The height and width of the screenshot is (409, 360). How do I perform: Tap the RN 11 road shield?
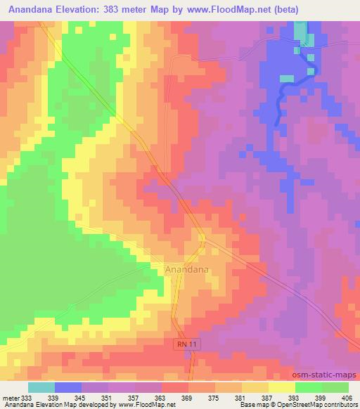(x=184, y=342)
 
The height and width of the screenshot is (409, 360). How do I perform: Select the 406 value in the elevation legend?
(x=347, y=398)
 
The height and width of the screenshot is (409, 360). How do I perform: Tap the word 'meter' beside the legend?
(x=11, y=398)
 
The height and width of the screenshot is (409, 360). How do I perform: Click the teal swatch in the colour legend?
(x=41, y=387)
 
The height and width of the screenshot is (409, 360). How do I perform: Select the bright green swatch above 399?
(x=308, y=387)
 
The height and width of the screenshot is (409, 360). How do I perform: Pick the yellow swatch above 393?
(x=281, y=387)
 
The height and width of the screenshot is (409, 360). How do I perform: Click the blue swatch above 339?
(x=68, y=387)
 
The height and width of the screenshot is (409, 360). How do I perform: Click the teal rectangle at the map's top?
(x=300, y=31)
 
